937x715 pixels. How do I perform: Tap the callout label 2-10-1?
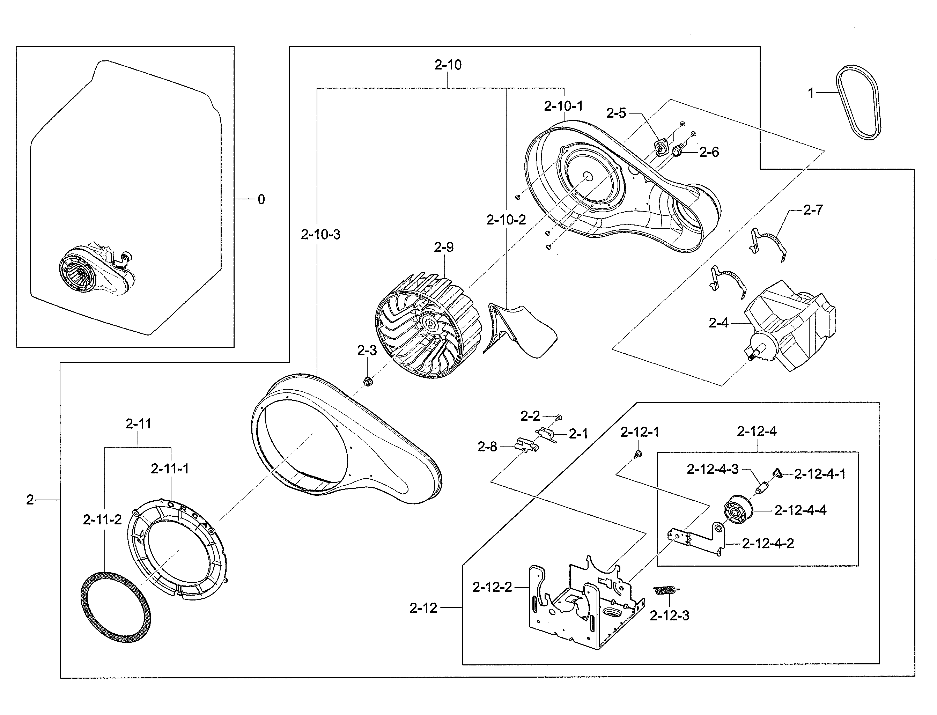point(563,106)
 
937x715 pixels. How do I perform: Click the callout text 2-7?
point(812,209)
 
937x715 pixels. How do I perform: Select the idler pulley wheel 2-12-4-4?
point(737,510)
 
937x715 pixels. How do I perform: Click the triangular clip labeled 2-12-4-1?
point(777,473)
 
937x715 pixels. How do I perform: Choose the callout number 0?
point(261,199)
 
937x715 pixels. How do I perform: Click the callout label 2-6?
point(709,152)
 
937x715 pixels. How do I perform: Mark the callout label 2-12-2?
point(492,587)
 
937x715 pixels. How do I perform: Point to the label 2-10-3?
point(320,235)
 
